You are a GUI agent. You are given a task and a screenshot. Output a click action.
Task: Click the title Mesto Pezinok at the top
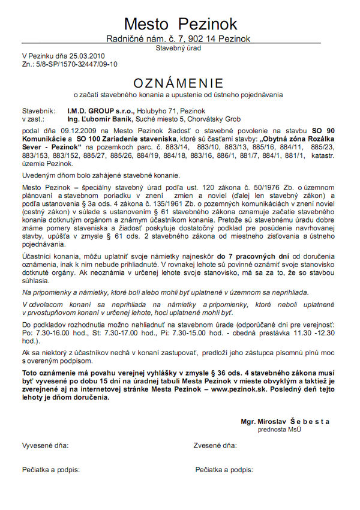180,24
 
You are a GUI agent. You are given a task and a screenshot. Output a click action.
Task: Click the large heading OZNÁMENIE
179,83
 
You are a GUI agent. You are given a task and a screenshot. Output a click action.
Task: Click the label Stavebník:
38,111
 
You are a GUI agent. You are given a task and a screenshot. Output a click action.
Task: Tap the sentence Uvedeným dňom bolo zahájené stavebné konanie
101,175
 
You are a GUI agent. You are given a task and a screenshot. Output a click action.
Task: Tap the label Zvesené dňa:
215,446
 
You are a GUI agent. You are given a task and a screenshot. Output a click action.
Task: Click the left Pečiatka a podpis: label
51,469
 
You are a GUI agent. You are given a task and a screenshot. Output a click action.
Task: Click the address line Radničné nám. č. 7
150,39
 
